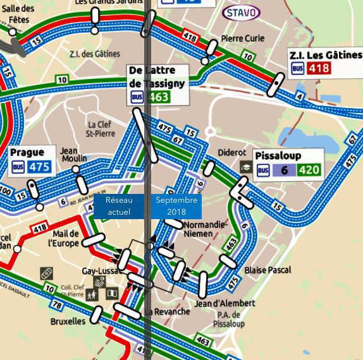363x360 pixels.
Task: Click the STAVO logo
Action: coord(241,13)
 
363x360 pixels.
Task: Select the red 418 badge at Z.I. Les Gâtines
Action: coord(318,68)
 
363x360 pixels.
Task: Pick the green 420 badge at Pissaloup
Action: coord(309,170)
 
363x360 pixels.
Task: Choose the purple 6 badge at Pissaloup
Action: coord(285,170)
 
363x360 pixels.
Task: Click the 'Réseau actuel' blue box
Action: coord(119,206)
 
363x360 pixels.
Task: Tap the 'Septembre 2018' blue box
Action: coord(176,206)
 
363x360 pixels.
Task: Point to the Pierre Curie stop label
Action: coord(243,39)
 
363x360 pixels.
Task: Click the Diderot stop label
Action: coord(231,153)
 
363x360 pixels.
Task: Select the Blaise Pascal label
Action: coord(268,270)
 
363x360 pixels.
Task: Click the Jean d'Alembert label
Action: coord(225,303)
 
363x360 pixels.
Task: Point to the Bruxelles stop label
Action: coord(68,321)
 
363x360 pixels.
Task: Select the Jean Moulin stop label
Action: coord(73,154)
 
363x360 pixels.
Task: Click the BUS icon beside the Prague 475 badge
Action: coord(18,167)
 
